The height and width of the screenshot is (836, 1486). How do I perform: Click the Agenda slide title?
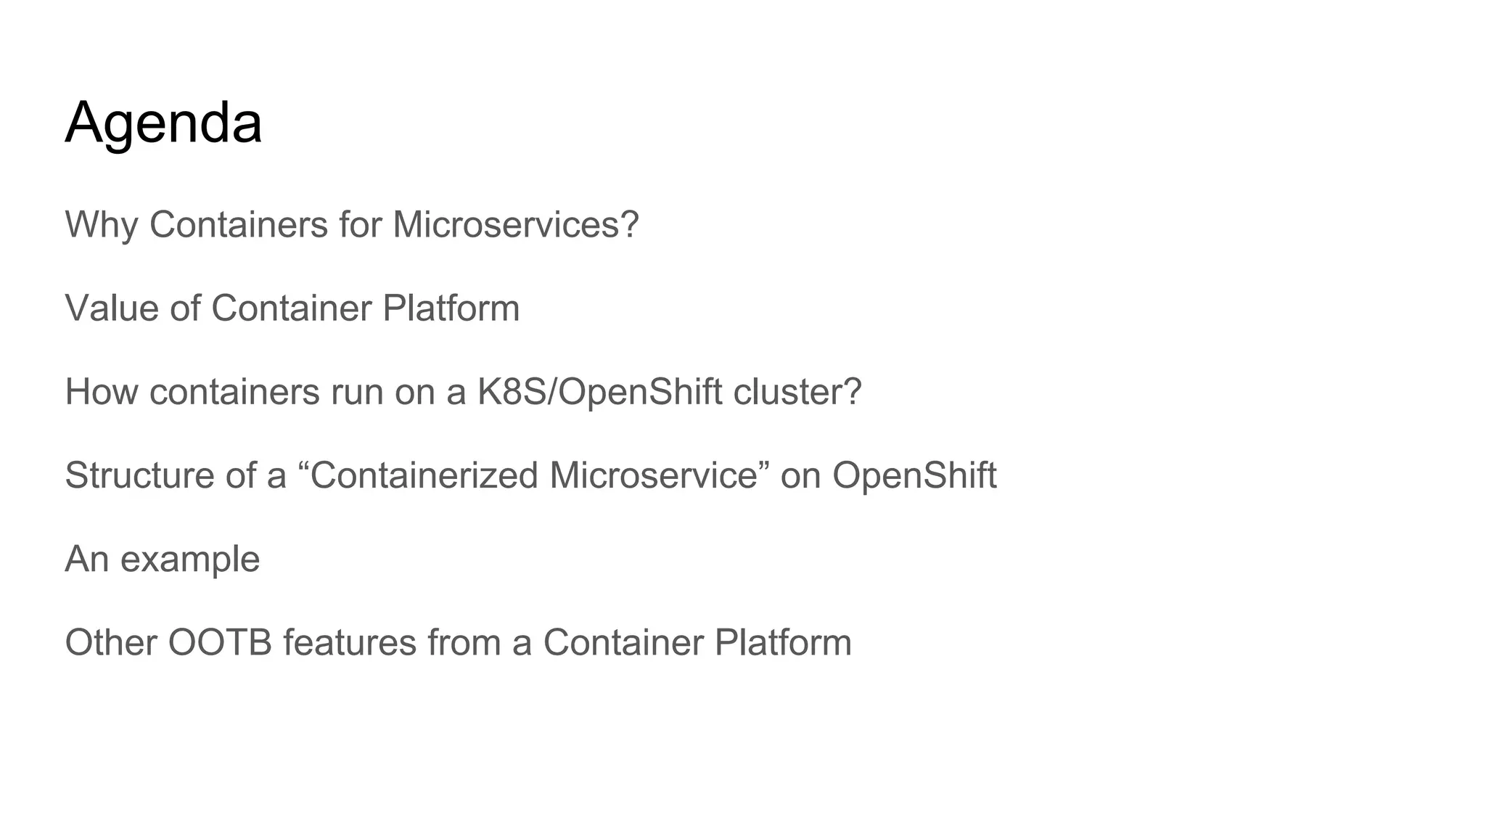163,123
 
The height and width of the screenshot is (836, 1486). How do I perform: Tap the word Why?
101,225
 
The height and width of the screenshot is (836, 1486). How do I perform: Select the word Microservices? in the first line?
515,225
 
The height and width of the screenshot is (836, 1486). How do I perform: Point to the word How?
101,392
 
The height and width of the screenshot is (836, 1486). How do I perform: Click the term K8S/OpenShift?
599,392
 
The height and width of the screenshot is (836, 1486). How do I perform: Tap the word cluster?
797,392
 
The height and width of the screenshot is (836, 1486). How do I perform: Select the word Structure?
137,475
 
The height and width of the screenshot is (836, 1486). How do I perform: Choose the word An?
86,559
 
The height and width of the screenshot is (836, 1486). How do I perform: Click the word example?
190,560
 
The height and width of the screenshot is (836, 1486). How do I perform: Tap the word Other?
111,642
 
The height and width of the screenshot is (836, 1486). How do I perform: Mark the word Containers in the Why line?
239,225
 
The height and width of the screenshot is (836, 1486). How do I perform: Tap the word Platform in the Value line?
451,308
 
